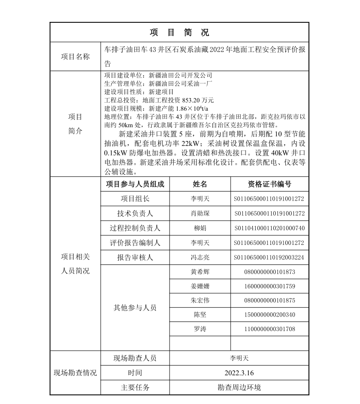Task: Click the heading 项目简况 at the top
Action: pos(180,32)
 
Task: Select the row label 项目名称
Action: pos(75,57)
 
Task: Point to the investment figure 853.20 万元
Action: pos(198,100)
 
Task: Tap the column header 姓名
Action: pos(200,184)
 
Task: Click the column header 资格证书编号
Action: pos(269,184)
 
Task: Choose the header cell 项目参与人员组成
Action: pos(135,184)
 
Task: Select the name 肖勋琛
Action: pos(200,213)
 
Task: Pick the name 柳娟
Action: pos(200,228)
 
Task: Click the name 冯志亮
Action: pos(200,257)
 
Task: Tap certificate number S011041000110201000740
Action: pos(269,228)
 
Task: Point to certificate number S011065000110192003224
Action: pos(269,257)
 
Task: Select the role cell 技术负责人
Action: pos(135,213)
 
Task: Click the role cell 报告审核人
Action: pos(135,257)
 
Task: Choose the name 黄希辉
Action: pos(200,272)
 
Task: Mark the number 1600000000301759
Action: pos(269,286)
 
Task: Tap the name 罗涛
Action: pos(200,329)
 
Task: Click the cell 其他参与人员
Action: pos(135,308)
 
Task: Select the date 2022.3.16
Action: pos(239,373)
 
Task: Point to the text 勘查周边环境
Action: pos(239,388)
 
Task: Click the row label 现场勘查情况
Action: pos(75,373)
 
